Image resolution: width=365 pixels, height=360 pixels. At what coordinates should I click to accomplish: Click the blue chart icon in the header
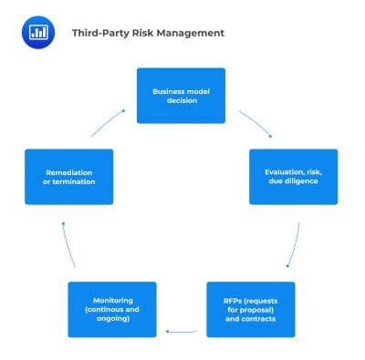37,32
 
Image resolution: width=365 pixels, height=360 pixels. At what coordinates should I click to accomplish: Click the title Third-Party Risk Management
148,33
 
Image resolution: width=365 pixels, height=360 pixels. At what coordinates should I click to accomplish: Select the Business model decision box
181,96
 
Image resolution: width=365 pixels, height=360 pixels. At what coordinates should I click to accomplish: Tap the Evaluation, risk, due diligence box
294,177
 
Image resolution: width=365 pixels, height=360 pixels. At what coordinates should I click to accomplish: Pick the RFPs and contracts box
250,309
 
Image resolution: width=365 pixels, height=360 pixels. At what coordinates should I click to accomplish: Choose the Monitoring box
112,309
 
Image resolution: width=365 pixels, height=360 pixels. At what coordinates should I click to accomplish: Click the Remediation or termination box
69,177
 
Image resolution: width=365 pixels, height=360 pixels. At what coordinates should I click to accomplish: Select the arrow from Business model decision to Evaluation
256,124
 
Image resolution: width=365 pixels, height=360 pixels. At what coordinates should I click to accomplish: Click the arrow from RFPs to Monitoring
181,331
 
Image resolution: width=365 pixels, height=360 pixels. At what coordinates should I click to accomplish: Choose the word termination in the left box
76,182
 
